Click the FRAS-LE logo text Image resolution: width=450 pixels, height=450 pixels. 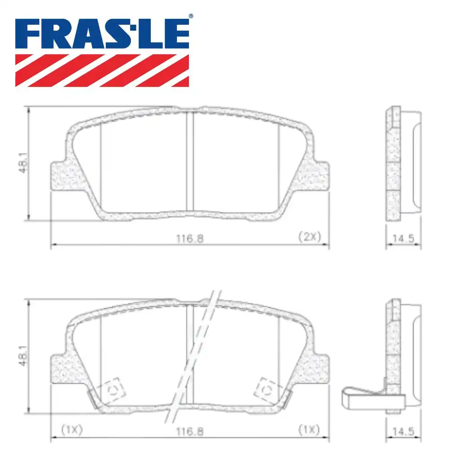click(102, 34)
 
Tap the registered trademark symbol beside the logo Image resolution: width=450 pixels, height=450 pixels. click(191, 16)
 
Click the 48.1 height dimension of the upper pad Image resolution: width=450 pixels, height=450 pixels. click(23, 163)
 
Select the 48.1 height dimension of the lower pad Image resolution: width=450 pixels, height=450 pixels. click(23, 355)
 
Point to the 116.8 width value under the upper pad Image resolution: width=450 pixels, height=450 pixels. click(190, 238)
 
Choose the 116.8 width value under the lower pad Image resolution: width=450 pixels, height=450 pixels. click(190, 432)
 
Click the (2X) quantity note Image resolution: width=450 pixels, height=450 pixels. click(310, 237)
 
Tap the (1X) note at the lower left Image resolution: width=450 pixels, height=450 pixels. click(72, 429)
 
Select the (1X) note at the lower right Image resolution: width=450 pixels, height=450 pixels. click(309, 429)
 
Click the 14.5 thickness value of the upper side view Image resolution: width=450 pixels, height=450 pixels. click(403, 238)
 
